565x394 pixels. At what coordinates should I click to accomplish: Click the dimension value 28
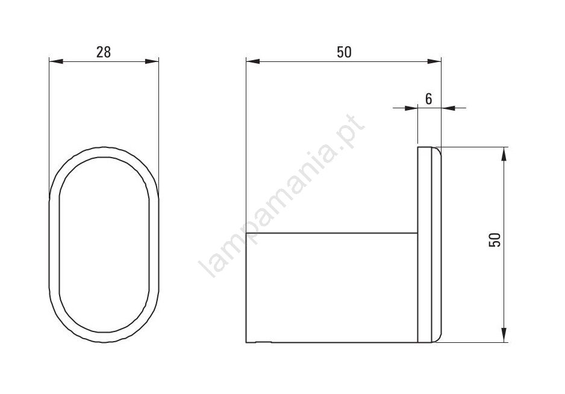(104, 52)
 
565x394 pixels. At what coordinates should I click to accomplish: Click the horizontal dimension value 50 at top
(344, 52)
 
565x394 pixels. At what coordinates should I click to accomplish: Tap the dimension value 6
(428, 99)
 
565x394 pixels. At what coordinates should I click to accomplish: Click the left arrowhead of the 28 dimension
(56, 61)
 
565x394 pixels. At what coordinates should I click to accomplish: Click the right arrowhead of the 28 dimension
(152, 61)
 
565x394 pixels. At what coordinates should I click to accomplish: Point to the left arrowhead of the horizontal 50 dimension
(253, 61)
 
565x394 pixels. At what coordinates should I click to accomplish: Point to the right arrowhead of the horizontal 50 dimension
(434, 61)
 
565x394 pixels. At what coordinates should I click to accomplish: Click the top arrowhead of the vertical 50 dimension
(504, 154)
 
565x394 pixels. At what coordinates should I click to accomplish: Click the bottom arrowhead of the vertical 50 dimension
(504, 335)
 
